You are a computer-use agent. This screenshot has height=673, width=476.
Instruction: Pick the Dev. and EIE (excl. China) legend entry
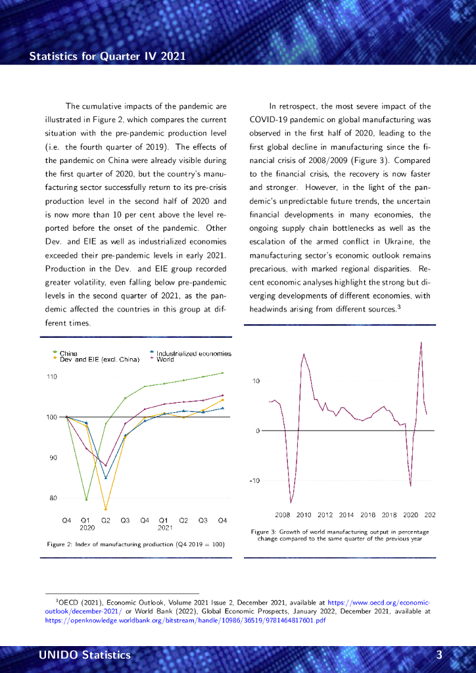coord(99,360)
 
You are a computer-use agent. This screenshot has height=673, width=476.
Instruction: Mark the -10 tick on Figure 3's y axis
coord(256,480)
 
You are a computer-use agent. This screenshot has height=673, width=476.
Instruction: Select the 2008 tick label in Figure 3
coord(283,515)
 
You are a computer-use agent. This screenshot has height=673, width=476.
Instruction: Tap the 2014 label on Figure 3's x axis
coord(346,515)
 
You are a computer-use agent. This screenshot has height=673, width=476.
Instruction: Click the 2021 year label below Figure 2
coord(164,527)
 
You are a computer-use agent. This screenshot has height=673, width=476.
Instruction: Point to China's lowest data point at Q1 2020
coord(86,499)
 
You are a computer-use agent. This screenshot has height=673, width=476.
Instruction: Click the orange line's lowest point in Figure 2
coord(106,509)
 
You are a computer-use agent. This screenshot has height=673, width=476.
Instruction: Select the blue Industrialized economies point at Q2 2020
coord(106,478)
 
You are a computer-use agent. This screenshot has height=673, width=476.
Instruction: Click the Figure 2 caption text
coord(135,544)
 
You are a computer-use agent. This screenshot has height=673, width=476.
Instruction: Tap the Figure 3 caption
coord(340,535)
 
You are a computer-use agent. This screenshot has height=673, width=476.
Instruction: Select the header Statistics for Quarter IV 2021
coord(107,56)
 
